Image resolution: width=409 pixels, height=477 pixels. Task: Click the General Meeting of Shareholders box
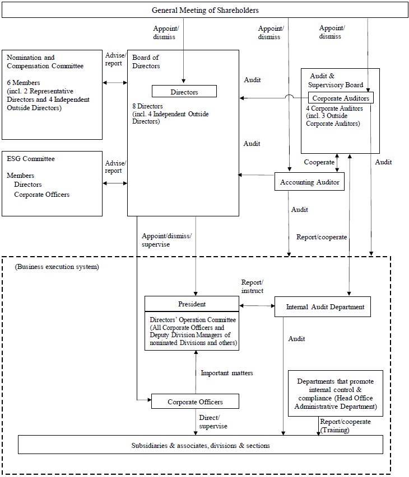coord(204,10)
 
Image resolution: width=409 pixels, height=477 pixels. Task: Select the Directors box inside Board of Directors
coord(184,91)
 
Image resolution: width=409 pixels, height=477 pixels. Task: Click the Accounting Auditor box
coord(310,182)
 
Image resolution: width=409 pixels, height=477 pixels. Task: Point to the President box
coord(192,304)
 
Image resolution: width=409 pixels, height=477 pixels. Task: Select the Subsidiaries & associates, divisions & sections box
coord(200,445)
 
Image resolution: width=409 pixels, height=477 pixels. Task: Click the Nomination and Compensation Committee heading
coord(45,62)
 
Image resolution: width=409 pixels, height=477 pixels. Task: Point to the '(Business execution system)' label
coord(57,267)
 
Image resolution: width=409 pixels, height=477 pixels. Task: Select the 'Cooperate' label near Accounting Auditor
coord(319,162)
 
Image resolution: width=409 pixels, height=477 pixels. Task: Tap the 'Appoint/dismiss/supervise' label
coord(166,240)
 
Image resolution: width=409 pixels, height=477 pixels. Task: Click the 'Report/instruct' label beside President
coord(252,286)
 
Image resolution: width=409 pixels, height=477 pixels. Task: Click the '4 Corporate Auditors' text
coord(334,108)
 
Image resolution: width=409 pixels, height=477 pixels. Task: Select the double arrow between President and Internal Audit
coord(257,306)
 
